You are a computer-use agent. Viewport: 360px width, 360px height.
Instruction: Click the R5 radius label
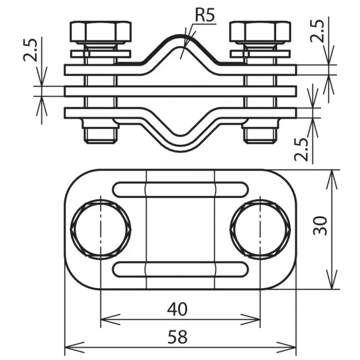205,15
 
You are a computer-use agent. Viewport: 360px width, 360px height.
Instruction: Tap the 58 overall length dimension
177,337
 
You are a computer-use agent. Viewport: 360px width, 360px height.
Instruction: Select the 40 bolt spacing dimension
177,309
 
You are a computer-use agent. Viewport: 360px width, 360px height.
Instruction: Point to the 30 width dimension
320,225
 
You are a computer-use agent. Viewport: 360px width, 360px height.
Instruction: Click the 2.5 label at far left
30,50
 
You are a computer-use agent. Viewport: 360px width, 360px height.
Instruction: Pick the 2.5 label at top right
317,31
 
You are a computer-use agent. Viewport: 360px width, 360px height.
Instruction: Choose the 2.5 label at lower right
301,149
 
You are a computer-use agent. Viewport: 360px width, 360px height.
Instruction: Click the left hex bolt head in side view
100,32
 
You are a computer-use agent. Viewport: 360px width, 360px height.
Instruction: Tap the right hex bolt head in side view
260,32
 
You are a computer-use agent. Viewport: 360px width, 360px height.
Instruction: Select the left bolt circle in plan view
100,230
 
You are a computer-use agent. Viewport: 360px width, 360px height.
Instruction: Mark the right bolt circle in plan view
260,230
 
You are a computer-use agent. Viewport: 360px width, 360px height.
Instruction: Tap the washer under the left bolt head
100,54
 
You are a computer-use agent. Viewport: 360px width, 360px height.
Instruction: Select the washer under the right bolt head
260,54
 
